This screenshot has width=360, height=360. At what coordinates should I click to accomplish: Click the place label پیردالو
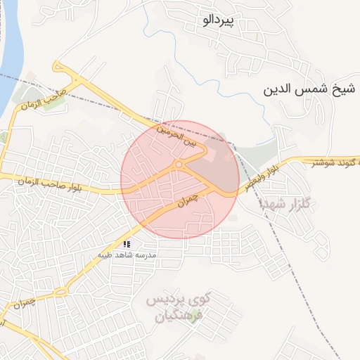217,21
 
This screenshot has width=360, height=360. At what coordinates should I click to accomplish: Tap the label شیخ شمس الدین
306,91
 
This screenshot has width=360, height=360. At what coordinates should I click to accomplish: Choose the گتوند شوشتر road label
335,163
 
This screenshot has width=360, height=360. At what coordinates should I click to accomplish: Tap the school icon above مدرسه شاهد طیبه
127,244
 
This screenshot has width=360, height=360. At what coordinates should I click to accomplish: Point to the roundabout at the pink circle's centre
179,165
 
